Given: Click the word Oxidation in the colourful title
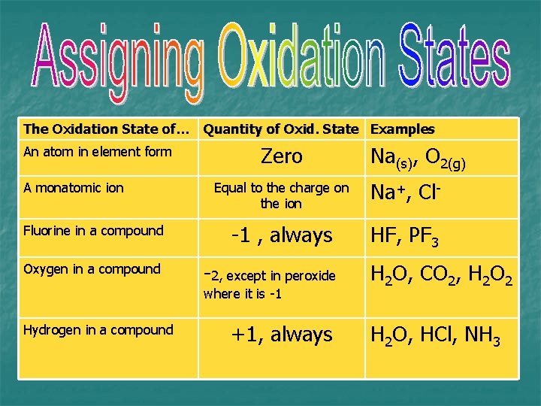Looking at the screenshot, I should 300,60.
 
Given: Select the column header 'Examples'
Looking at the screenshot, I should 402,129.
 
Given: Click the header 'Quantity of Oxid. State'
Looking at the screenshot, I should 281,129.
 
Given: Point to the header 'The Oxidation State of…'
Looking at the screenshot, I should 107,129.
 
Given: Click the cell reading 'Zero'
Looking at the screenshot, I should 282,156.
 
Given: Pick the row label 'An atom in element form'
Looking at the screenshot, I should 98,152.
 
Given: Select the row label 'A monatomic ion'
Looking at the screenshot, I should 74,188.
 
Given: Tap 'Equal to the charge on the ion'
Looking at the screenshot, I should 281,195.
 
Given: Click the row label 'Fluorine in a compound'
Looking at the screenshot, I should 93,231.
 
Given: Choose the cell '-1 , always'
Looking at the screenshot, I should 282,236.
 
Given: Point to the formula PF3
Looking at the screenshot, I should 423,238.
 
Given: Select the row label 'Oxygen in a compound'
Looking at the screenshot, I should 92,269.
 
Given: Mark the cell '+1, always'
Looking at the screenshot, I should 282,335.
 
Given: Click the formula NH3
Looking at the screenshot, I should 480,335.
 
